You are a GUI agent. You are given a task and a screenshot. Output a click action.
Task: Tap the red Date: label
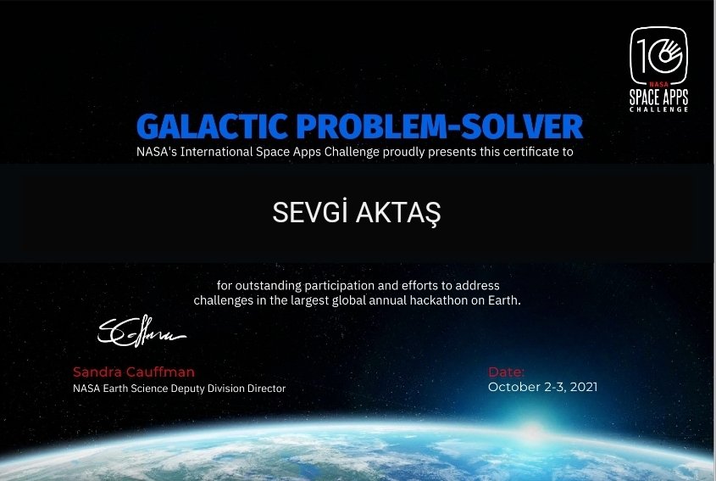tap(507, 372)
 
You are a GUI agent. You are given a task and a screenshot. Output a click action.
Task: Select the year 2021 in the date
tap(584, 387)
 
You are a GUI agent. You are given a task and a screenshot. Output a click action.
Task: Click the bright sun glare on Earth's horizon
tap(532, 433)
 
